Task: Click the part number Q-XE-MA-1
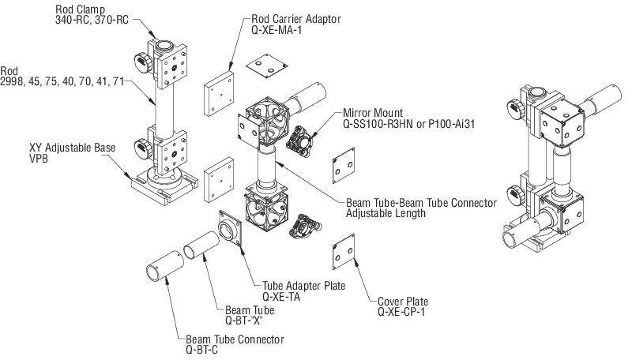tap(276, 30)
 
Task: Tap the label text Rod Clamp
tap(81, 9)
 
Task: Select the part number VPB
tap(38, 159)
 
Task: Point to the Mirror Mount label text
tap(373, 113)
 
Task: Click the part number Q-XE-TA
tap(281, 297)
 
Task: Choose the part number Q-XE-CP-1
tap(401, 312)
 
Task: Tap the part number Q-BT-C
tap(201, 350)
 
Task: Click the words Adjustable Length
tap(386, 213)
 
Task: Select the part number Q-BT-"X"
tap(244, 321)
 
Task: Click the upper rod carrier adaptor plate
tap(219, 93)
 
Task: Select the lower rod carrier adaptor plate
tap(219, 179)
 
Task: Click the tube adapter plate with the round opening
tap(230, 228)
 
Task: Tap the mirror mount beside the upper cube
tap(299, 139)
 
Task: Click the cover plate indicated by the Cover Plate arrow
tap(344, 252)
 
